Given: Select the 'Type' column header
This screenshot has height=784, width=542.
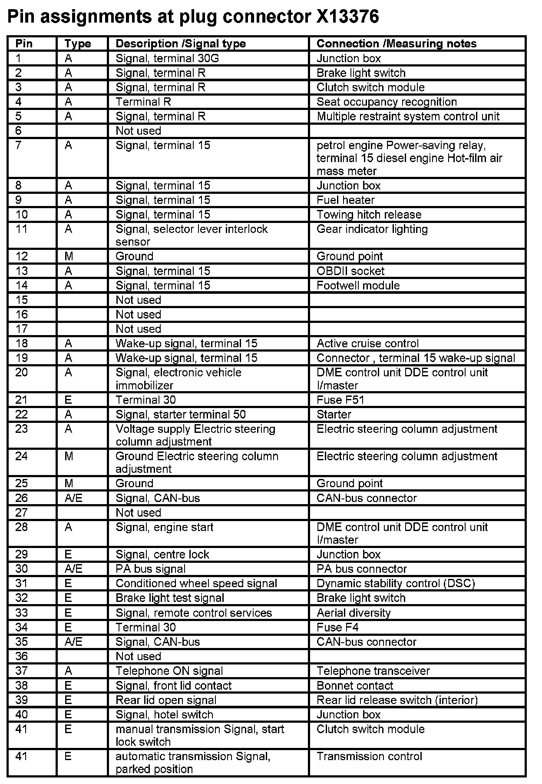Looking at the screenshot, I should click(x=78, y=44).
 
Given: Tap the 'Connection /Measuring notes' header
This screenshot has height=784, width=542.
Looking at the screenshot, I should click(x=396, y=44).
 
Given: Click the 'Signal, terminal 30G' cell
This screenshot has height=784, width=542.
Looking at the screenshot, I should click(x=167, y=58).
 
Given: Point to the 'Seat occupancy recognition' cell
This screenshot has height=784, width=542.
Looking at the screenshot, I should click(x=387, y=102).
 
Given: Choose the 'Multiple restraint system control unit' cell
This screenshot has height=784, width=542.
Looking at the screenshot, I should click(x=408, y=116).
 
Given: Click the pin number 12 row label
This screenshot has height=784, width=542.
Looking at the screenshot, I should click(x=21, y=256).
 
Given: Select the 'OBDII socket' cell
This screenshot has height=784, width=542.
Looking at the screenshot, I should click(x=350, y=271).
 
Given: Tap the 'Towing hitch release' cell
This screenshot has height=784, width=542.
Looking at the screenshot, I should click(x=369, y=215).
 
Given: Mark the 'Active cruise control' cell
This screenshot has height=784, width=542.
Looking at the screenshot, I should click(x=367, y=344).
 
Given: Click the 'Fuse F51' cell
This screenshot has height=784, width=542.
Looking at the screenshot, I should click(x=340, y=400).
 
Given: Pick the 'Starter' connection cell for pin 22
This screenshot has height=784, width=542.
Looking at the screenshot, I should click(x=334, y=415).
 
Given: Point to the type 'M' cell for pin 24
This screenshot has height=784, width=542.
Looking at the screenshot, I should click(x=69, y=456).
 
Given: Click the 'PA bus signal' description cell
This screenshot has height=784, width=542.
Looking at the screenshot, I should click(x=150, y=569).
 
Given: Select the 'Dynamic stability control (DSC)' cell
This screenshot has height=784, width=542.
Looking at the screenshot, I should click(x=396, y=583).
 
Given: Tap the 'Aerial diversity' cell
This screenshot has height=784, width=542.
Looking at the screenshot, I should click(x=354, y=613).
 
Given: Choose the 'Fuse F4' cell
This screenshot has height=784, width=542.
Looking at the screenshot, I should click(x=337, y=627).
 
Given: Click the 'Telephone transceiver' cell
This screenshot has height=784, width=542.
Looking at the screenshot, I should click(x=373, y=671).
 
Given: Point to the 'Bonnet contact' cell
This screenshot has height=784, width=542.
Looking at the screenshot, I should click(x=354, y=686).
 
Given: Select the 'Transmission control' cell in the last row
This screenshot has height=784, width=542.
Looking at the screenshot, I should click(x=369, y=757).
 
